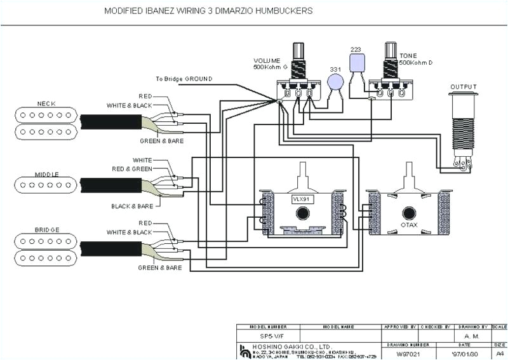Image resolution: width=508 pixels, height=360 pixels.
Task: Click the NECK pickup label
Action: [46, 103]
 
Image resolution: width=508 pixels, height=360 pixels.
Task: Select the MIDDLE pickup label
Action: [46, 173]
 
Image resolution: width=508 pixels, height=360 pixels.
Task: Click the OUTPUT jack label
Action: [464, 87]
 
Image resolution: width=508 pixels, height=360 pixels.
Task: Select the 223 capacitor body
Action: [358, 62]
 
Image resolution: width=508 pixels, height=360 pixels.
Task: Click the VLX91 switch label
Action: [300, 199]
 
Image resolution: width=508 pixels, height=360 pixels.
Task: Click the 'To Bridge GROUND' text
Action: [184, 79]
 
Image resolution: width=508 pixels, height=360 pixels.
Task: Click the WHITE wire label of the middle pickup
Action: [142, 160]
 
